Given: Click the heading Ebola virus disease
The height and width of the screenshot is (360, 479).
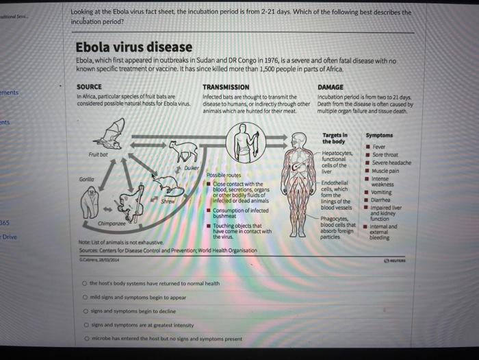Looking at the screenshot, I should [134, 48].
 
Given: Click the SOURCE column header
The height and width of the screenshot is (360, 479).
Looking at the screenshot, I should [89, 87].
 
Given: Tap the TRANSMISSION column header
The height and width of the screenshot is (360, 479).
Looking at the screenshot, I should [226, 87].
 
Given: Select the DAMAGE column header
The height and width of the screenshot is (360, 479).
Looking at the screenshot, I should [331, 87].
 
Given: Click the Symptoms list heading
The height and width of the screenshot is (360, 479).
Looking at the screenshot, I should [379, 135].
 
